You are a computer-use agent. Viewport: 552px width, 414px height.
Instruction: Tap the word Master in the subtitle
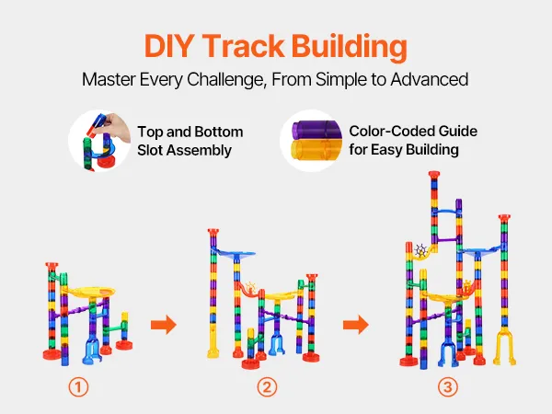pyautogui.click(x=109, y=79)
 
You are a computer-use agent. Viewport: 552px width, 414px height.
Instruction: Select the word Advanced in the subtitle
pyautogui.click(x=429, y=79)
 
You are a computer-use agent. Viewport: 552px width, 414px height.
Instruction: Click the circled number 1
pyautogui.click(x=78, y=387)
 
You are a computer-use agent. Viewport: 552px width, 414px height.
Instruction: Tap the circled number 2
pyautogui.click(x=267, y=387)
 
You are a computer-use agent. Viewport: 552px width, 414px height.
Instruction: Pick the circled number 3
pyautogui.click(x=448, y=387)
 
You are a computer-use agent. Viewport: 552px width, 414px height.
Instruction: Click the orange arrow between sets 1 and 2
pyautogui.click(x=164, y=325)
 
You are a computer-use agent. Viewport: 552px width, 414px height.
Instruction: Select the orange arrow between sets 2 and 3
pyautogui.click(x=356, y=325)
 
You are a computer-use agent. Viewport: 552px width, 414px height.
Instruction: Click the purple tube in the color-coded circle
pyautogui.click(x=316, y=131)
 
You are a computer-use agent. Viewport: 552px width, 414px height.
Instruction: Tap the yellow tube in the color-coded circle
pyautogui.click(x=316, y=150)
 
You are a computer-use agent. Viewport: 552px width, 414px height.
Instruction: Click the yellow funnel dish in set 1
pyautogui.click(x=88, y=293)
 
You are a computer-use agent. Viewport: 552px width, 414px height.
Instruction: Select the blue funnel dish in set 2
pyautogui.click(x=236, y=254)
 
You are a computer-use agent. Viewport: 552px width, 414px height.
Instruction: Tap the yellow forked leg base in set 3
pyautogui.click(x=505, y=347)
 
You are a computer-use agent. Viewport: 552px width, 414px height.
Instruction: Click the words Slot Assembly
pyautogui.click(x=185, y=151)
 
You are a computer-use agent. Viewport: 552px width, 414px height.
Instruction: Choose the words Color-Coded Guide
pyautogui.click(x=413, y=131)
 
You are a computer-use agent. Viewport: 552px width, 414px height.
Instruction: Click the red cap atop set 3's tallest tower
pyautogui.click(x=434, y=175)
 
